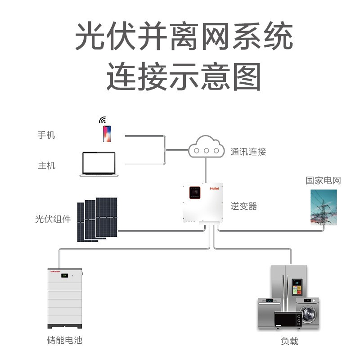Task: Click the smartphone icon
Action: pos(107,134)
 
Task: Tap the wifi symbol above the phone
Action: pos(103,120)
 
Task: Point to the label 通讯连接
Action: pos(248,152)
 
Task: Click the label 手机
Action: pos(46,135)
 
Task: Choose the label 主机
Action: pos(46,166)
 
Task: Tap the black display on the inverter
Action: pos(195,193)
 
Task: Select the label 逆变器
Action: pos(243,206)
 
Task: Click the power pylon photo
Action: pos(323,207)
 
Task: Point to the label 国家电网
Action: pos(323,181)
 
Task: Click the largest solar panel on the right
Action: pos(107,217)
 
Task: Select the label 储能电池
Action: pos(65,340)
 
